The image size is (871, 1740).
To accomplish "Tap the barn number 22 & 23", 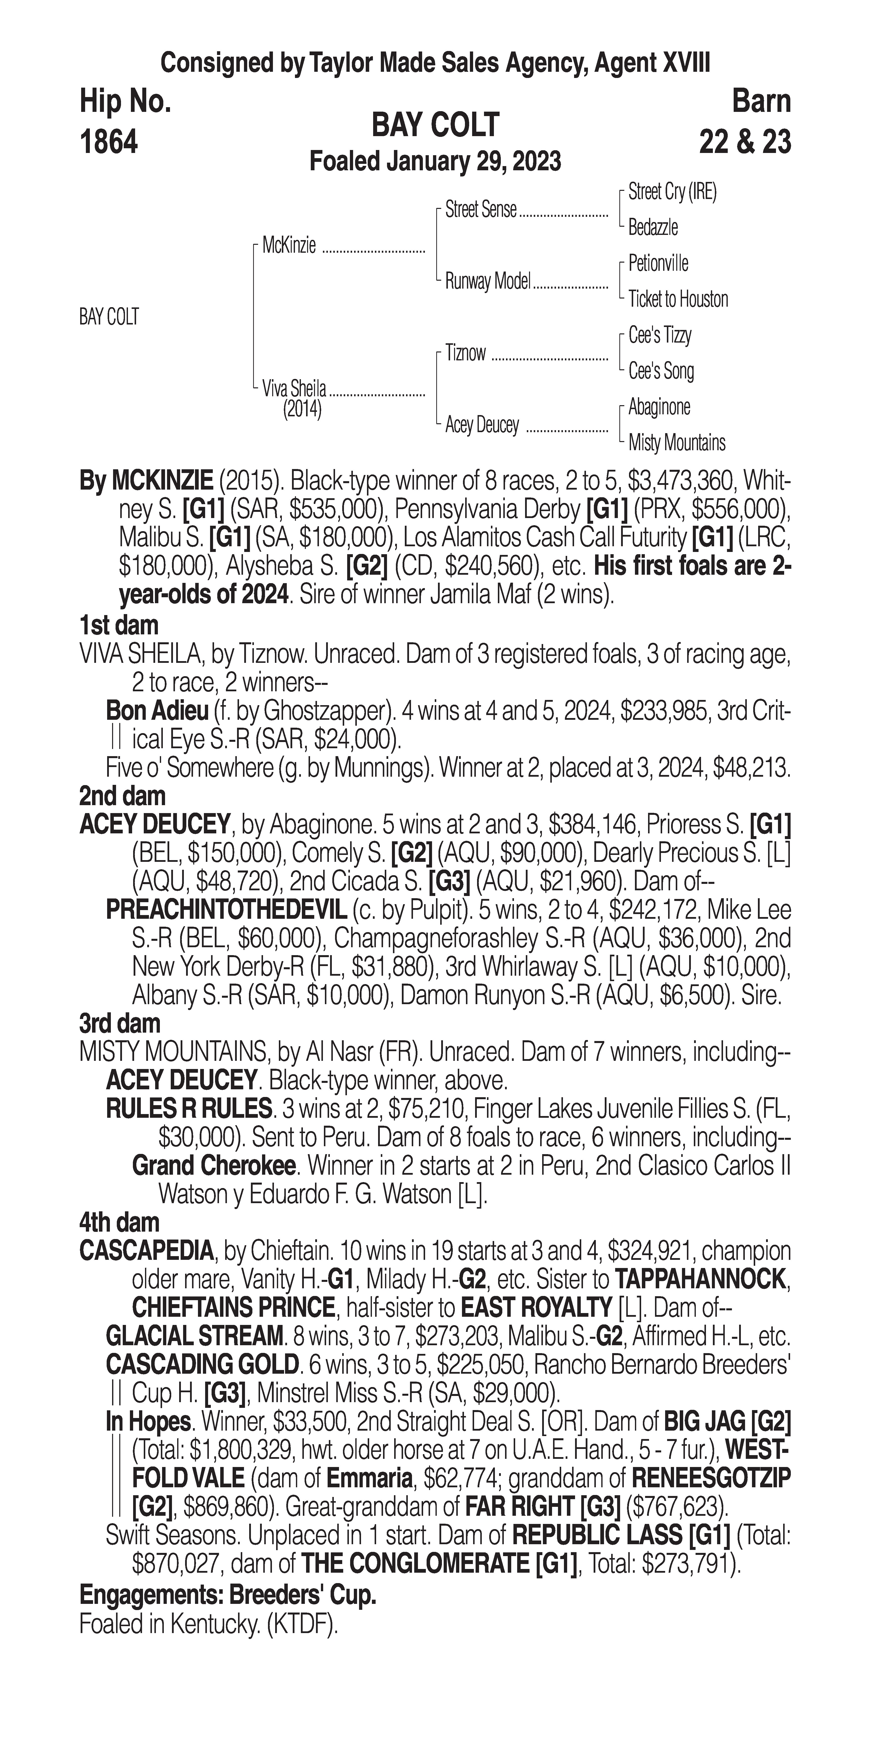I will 745,143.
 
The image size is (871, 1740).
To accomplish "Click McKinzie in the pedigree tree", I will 289,246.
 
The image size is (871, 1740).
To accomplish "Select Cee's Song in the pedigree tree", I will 661,371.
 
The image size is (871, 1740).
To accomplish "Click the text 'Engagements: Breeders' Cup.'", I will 228,1595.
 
